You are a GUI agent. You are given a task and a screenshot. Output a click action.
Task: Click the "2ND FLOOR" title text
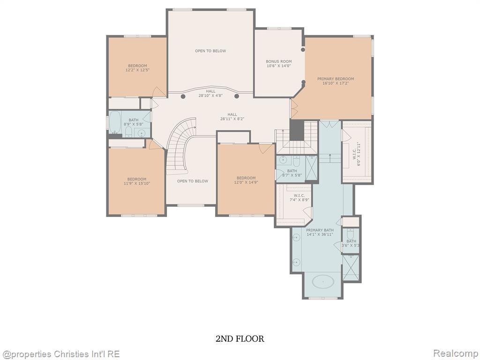coord(240,338)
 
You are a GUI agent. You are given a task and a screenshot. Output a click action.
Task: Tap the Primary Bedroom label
coord(336,81)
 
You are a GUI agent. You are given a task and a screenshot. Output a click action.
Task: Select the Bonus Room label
coord(278,63)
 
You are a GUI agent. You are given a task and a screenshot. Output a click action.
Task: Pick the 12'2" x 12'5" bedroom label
coord(137,67)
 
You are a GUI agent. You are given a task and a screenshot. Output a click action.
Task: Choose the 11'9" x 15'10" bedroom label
coord(137,181)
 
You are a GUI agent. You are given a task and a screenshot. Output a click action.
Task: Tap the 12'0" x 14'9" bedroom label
coord(246,180)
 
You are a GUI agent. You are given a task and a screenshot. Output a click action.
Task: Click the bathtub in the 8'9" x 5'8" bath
coord(115,122)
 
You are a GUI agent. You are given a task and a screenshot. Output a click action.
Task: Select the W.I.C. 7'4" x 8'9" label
coord(299,197)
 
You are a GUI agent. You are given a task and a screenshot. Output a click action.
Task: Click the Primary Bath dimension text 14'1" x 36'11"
coord(320,234)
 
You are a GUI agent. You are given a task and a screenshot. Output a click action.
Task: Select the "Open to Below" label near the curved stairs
coord(193,181)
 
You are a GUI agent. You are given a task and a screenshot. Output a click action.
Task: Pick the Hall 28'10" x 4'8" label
coord(210,93)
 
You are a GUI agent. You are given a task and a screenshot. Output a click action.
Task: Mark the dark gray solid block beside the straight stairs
coord(297,130)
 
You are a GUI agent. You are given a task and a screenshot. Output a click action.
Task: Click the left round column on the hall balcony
coord(183,97)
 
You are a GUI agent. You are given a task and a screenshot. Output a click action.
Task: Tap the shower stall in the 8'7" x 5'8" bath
coord(312,168)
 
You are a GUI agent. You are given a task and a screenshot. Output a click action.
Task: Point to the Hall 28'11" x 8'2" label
coord(232,117)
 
